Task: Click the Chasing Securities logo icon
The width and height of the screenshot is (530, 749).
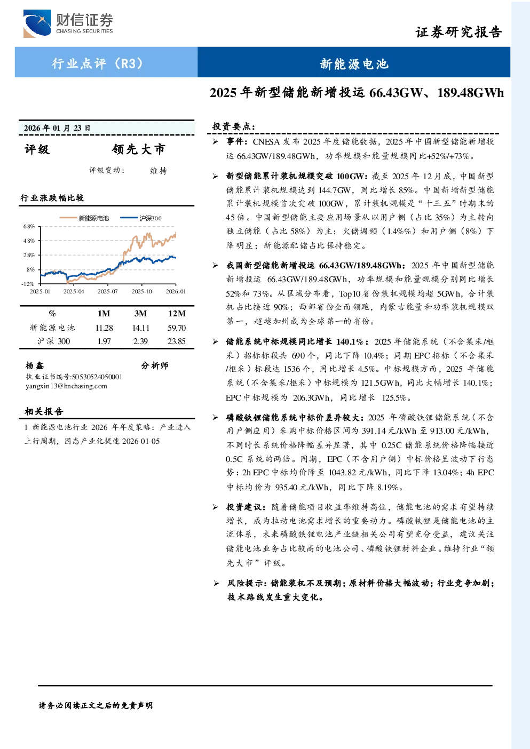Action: point(37,23)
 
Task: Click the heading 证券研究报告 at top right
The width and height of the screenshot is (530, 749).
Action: point(458,32)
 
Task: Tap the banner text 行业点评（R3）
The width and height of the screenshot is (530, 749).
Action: point(97,63)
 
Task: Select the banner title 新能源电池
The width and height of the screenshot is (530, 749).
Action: point(354,63)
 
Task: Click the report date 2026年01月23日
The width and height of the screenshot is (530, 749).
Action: point(57,128)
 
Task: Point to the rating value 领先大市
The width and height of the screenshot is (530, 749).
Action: point(139,149)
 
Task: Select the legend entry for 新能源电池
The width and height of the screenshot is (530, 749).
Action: point(84,218)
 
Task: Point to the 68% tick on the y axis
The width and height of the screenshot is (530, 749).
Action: point(29,226)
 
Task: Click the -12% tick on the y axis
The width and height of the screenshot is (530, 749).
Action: point(28,284)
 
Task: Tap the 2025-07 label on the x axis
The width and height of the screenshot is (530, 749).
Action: point(107,291)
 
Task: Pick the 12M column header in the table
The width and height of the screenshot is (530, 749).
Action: point(177,313)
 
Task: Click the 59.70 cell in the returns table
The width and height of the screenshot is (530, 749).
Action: point(177,328)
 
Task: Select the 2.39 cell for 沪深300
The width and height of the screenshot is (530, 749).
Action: point(140,341)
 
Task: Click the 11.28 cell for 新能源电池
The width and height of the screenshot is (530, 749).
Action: point(104,328)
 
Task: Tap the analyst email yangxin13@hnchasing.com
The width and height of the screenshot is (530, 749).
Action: point(66,386)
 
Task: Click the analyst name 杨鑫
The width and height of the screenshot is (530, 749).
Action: point(35,365)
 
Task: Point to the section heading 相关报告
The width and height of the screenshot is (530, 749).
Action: point(44,411)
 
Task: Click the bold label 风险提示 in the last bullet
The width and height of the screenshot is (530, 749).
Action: point(246,583)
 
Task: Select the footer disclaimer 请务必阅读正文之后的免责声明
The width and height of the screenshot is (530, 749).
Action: point(96,705)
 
